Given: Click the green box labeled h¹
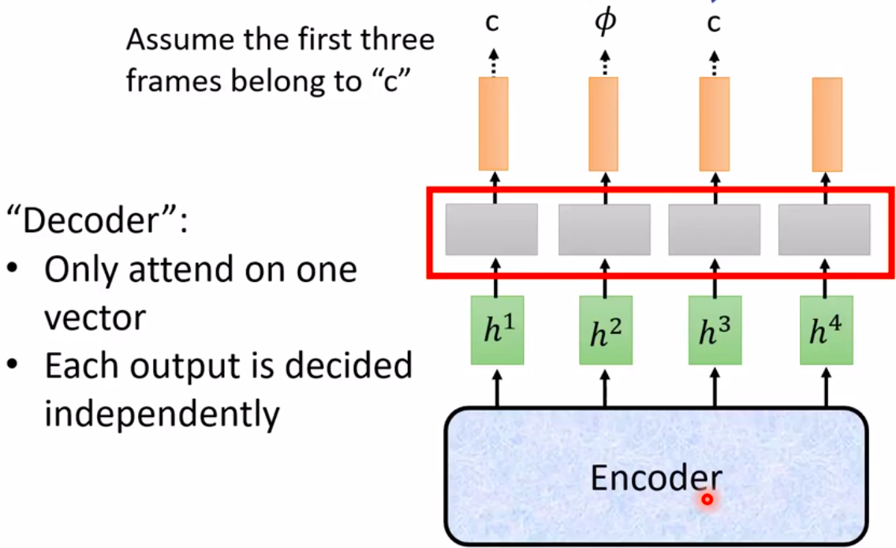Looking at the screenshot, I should pos(497,330).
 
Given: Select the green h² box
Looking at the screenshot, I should pos(605,330).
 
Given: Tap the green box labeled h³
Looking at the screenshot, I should pos(715,330).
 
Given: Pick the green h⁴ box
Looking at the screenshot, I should pos(826,330).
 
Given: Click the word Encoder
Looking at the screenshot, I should pos(655,477).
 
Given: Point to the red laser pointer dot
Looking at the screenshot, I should pos(707,499).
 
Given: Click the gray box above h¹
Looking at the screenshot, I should pos(491,229).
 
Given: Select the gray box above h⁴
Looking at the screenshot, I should pos(823,229).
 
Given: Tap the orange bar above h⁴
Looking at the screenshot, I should pos(827,124).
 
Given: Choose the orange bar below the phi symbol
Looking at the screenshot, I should pos(603,124).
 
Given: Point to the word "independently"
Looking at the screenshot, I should pos(162,414).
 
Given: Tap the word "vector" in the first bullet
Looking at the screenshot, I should pos(95,317).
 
